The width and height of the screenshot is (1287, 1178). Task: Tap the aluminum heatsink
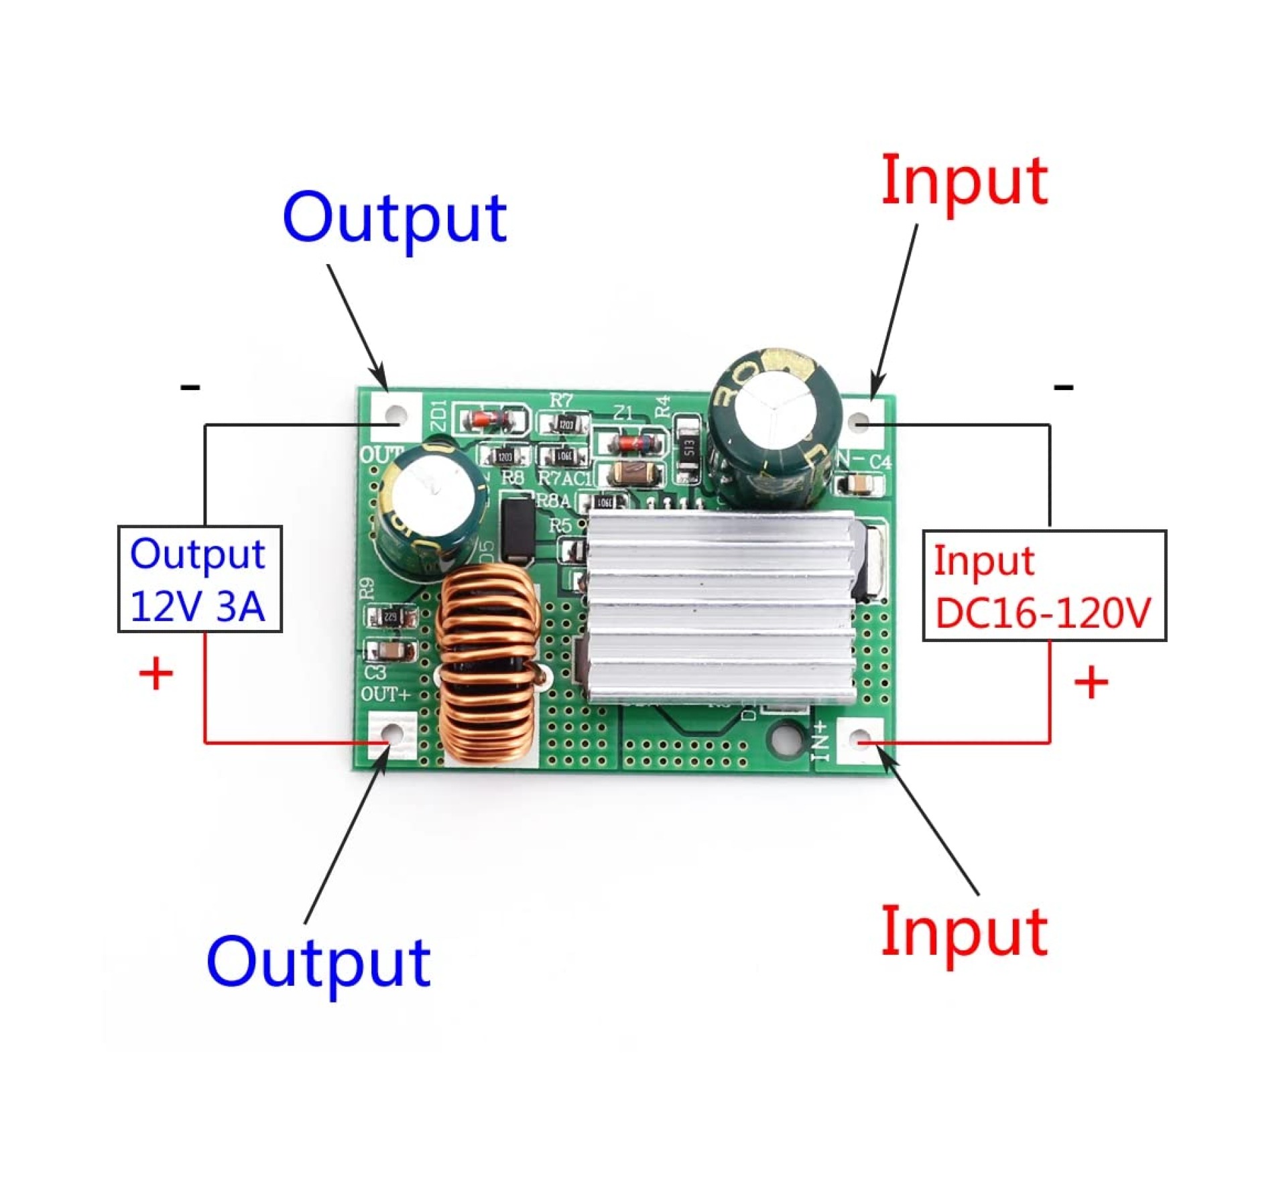click(x=721, y=606)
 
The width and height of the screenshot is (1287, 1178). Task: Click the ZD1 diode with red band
click(x=489, y=420)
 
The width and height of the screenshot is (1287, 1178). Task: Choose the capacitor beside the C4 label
click(x=857, y=484)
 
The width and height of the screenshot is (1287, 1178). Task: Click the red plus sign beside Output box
click(x=156, y=674)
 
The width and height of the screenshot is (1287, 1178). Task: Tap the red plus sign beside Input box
click(x=1091, y=683)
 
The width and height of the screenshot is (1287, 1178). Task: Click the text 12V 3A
click(x=198, y=607)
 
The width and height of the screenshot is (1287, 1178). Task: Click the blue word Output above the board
click(x=394, y=218)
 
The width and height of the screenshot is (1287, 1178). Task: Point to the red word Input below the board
click(x=964, y=933)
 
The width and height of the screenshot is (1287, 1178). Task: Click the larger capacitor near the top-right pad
click(x=774, y=427)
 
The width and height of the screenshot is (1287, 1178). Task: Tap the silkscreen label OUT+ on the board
click(x=385, y=695)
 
